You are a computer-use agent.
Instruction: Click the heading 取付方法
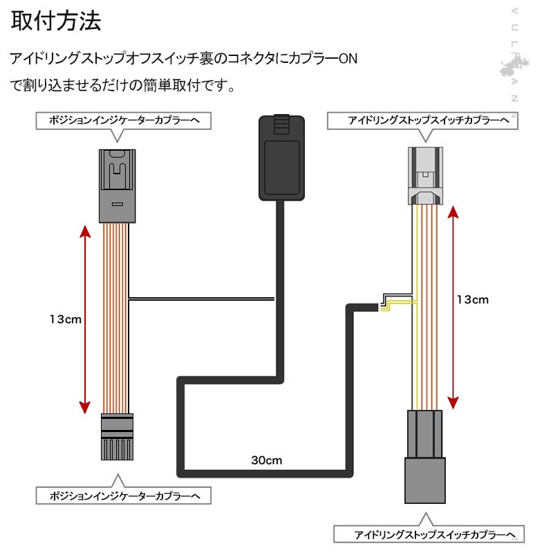coord(56,21)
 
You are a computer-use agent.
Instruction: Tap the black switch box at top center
coord(280,157)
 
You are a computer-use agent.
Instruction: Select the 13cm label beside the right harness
coord(473,299)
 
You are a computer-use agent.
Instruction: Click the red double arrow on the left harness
coord(84,319)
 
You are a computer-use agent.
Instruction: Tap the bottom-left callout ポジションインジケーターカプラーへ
coord(122,496)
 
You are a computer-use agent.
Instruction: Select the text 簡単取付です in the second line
coord(193,86)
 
